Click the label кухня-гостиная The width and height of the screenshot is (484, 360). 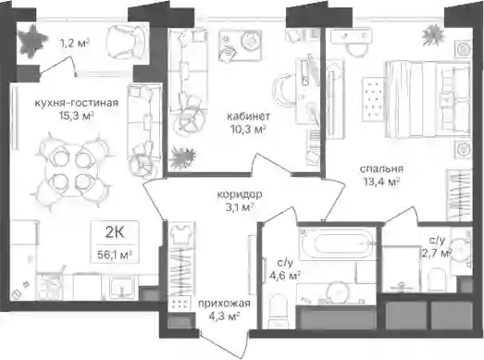(76, 103)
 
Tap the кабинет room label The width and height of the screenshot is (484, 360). (249, 117)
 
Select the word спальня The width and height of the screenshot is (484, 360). (381, 169)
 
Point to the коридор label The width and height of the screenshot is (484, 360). (240, 194)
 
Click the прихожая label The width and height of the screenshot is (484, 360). (224, 304)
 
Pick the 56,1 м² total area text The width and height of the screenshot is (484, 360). (115, 255)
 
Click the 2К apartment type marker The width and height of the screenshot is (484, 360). (115, 233)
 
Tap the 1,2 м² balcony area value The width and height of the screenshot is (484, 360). (74, 43)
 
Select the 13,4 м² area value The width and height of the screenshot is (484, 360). (381, 182)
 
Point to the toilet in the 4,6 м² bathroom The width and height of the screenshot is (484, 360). (279, 311)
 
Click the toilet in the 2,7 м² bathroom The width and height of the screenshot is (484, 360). (436, 279)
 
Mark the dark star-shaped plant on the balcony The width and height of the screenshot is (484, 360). (31, 41)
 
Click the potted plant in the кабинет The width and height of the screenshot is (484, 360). (182, 157)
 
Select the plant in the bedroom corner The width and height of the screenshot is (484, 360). (434, 36)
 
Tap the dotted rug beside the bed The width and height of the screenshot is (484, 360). (373, 100)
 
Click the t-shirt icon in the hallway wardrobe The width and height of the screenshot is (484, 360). (181, 234)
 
